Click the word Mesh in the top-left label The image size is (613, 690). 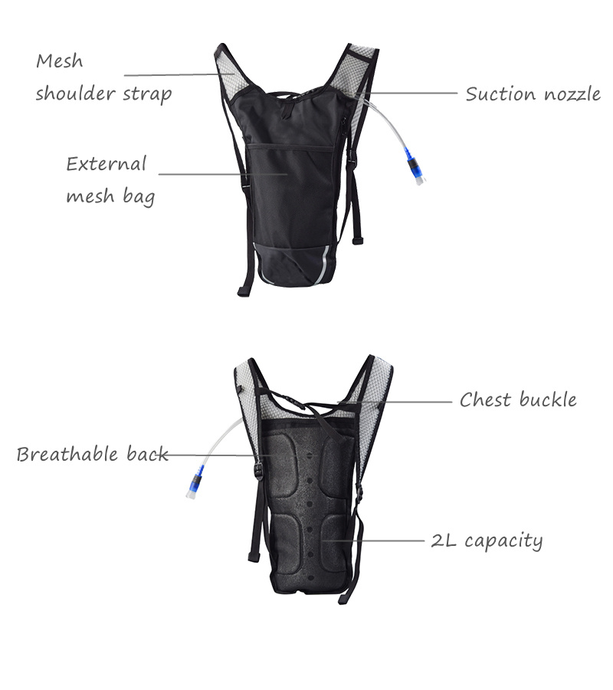click(x=60, y=61)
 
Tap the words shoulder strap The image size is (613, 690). click(x=103, y=94)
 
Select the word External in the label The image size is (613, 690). click(x=106, y=164)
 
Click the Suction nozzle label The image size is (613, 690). click(x=533, y=94)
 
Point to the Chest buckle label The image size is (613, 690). click(x=518, y=400)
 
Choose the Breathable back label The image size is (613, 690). click(x=92, y=455)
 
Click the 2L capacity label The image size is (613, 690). click(x=487, y=540)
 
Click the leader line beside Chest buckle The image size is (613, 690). click(x=398, y=401)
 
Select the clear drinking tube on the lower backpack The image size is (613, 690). click(x=222, y=437)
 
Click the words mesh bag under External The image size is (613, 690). click(x=110, y=196)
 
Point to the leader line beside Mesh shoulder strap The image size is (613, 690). click(x=184, y=74)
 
